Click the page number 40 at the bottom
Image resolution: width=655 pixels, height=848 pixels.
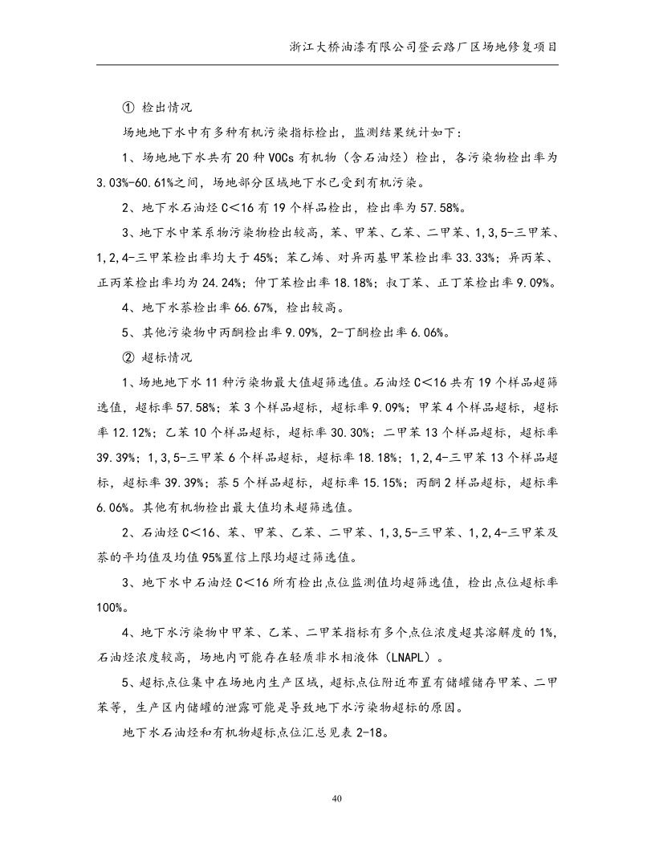(x=327, y=798)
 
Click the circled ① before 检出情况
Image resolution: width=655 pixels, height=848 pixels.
(x=128, y=107)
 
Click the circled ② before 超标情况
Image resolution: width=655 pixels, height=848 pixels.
(x=128, y=357)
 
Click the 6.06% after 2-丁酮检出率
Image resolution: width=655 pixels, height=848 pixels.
(x=423, y=332)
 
